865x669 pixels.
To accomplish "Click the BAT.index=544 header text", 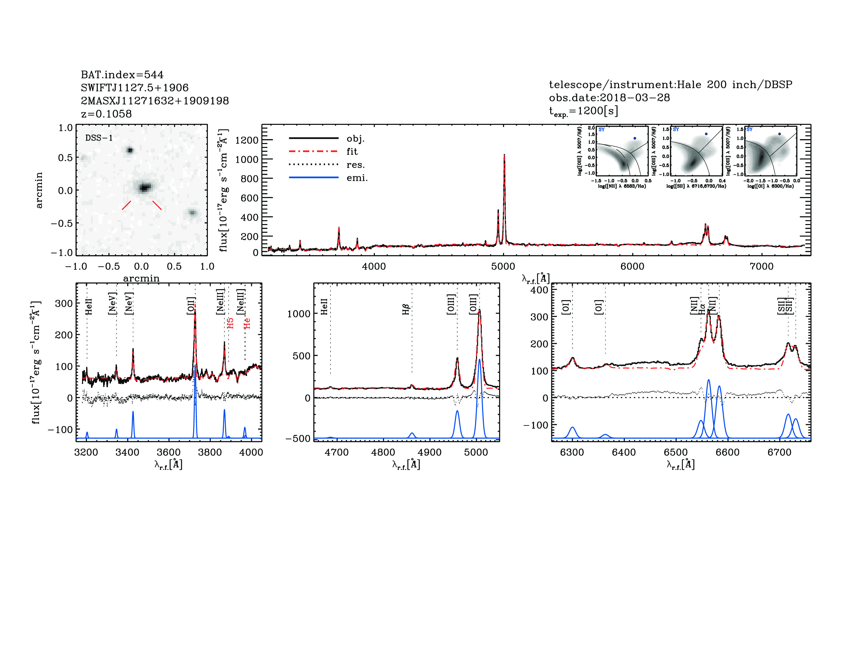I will click(x=122, y=75).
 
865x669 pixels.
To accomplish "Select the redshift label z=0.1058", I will click(x=106, y=114).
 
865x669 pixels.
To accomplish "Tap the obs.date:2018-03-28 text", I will click(x=609, y=98).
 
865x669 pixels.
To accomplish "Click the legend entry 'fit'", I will click(x=352, y=151).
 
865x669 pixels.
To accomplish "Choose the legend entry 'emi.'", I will click(x=357, y=178).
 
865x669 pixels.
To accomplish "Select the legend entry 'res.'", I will click(x=355, y=165).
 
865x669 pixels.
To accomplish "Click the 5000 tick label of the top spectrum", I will click(x=503, y=266).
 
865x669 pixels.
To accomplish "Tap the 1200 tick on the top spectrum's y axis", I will click(x=246, y=140).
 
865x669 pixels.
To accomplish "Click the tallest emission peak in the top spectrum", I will click(x=504, y=155).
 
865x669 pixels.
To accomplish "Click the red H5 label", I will click(x=230, y=323).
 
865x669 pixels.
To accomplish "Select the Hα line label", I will click(x=702, y=309).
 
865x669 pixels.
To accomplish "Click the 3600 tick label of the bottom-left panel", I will click(x=169, y=452).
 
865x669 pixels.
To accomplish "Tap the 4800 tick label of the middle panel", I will click(x=383, y=452).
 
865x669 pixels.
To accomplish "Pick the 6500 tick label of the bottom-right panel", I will click(x=676, y=452).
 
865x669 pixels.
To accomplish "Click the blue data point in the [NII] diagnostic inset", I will click(x=635, y=138).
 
